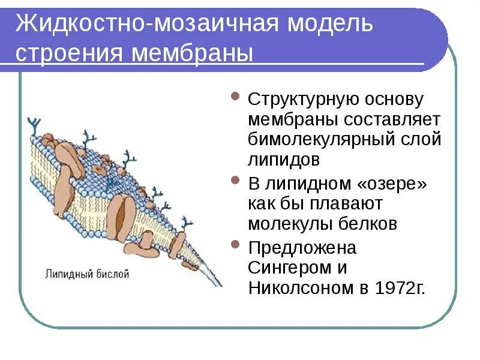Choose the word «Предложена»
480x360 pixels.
tap(302, 247)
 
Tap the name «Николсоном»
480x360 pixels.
tap(301, 288)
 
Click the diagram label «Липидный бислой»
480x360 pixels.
tap(88, 274)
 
